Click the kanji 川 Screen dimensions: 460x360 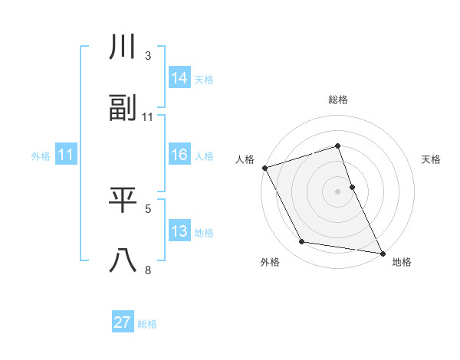pos(123,47)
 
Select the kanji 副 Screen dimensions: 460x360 pos(123,108)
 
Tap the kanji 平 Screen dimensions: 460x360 pos(123,200)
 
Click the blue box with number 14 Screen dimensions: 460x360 pos(179,77)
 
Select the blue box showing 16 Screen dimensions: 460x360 pos(179,155)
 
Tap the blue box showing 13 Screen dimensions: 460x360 pos(179,231)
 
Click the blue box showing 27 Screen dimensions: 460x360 pos(123,322)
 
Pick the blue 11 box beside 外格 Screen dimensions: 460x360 pos(66,155)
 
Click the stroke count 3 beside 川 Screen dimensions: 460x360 pos(148,56)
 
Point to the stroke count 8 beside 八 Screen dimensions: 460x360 pos(148,270)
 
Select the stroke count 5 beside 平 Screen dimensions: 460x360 pos(148,208)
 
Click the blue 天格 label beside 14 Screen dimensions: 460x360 pos(204,79)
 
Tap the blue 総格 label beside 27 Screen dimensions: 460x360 pos(147,324)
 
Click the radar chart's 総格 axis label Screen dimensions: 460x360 pos(338,100)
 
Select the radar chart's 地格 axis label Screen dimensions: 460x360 pos(402,262)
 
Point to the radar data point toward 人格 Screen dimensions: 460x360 pos(264,168)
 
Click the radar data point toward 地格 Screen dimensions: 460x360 pos(382,252)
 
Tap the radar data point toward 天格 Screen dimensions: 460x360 pos(352,187)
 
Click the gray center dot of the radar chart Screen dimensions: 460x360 pos(338,191)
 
